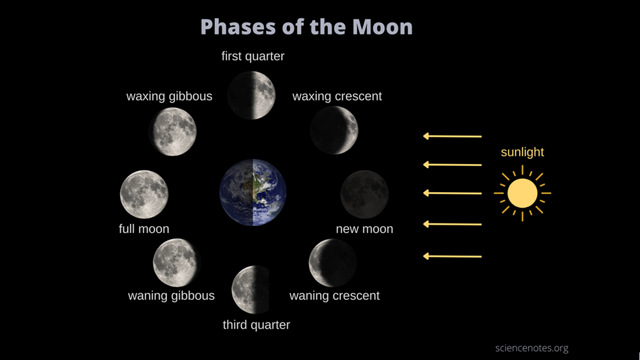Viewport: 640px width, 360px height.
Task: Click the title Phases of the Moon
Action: point(306,27)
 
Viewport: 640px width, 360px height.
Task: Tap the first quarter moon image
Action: point(251,95)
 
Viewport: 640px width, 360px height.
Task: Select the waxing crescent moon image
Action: point(334,130)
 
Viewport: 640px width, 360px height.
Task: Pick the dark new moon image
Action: point(365,194)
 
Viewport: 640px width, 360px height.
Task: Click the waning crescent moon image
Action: point(333,263)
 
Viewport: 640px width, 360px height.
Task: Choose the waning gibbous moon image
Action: point(176,263)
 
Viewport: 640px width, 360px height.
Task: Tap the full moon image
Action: point(144,194)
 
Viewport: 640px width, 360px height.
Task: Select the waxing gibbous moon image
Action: point(173,131)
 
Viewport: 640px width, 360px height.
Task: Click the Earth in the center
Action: point(253,192)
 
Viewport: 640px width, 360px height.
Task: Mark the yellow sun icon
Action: point(522,193)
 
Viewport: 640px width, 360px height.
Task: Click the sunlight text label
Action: point(522,152)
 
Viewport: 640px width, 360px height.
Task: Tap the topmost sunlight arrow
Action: point(452,136)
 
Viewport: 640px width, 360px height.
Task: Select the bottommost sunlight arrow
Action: point(452,256)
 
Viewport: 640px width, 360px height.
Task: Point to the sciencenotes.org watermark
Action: point(532,348)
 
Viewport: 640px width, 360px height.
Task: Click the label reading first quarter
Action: point(253,56)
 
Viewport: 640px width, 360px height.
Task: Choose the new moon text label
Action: point(365,229)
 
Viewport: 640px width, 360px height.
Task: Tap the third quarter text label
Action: point(257,325)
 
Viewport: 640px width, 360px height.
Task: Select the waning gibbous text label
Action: point(171,296)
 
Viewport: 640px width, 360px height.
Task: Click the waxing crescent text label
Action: point(337,96)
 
